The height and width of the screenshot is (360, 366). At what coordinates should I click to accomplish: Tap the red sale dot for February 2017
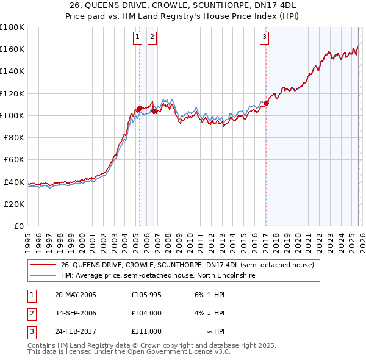[x=266, y=104]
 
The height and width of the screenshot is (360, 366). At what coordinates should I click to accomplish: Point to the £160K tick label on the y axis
[x=12, y=49]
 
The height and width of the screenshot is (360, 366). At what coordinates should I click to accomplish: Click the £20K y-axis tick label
[x=15, y=204]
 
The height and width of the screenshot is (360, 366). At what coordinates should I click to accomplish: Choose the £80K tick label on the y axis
[x=15, y=138]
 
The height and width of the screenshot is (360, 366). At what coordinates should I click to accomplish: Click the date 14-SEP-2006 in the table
[x=76, y=313]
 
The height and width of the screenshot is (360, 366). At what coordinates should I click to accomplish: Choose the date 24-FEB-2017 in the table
[x=76, y=331]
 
